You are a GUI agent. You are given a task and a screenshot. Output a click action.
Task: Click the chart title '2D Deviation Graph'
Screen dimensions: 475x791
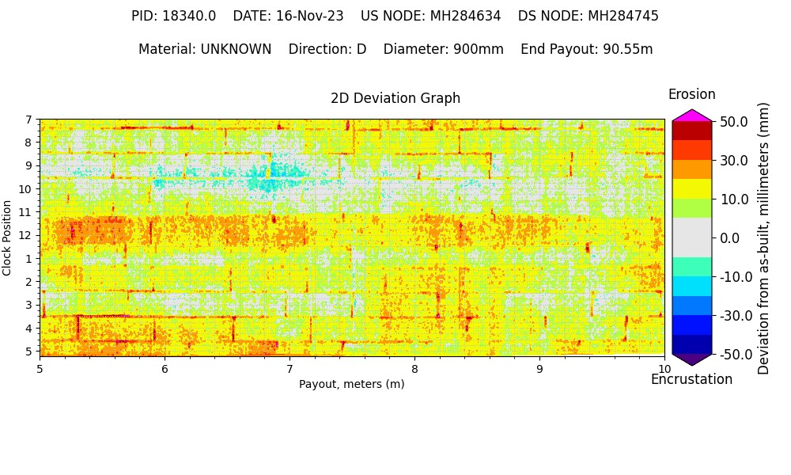click(395, 98)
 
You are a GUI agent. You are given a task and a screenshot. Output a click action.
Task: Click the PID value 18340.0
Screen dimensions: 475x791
click(190, 16)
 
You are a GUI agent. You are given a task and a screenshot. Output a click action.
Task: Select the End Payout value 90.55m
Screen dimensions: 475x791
click(628, 49)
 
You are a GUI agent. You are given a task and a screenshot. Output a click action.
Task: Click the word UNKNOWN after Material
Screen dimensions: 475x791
click(236, 49)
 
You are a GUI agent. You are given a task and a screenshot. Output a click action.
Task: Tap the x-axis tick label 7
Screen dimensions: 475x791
click(290, 368)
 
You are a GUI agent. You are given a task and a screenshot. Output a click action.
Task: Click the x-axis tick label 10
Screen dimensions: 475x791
click(664, 368)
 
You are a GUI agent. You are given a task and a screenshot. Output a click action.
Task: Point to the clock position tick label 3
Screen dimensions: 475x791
click(28, 305)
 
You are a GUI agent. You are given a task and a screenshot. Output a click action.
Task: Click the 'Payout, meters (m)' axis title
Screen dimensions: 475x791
click(351, 384)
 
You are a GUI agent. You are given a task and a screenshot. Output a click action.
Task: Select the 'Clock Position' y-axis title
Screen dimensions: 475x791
click(7, 237)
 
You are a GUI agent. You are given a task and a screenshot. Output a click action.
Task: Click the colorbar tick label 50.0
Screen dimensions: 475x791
click(734, 121)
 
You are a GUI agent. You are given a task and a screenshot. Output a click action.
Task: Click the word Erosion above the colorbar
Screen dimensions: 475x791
click(691, 94)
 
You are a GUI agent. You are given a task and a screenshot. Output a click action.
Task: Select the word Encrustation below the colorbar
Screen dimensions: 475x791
click(691, 379)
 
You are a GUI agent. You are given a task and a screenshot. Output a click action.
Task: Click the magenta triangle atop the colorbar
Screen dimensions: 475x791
click(692, 116)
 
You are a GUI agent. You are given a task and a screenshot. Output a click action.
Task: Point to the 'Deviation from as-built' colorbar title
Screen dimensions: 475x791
click(763, 237)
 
